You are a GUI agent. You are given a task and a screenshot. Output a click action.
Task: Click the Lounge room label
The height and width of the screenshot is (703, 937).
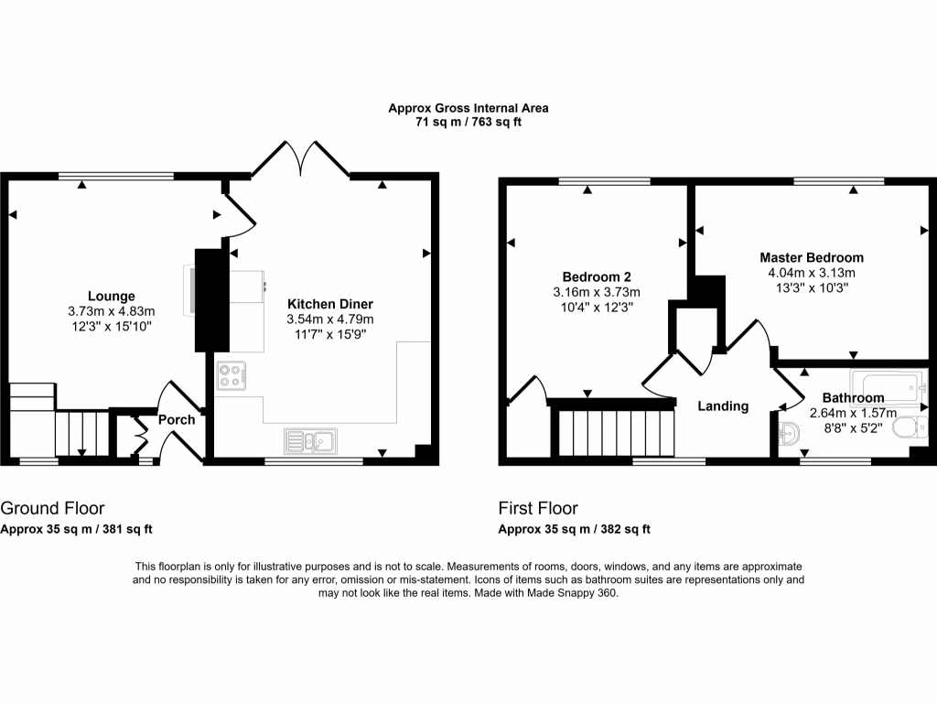tap(112, 296)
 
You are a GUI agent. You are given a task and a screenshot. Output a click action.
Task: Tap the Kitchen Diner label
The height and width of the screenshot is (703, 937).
tap(330, 304)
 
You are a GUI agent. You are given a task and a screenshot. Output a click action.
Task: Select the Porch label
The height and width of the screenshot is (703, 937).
tap(177, 420)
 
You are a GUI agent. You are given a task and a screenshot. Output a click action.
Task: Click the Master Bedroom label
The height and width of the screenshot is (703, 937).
tap(811, 258)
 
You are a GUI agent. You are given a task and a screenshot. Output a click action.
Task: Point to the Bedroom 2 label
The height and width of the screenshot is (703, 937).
tap(596, 277)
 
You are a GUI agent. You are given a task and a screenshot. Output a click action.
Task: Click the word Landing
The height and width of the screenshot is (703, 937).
tap(723, 406)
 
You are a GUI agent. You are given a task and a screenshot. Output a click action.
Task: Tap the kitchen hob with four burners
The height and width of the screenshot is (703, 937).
tap(232, 377)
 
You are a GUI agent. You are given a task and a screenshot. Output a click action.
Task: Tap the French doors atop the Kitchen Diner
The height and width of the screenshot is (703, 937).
tap(301, 157)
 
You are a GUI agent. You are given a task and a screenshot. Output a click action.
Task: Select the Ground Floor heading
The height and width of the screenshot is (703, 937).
tap(52, 508)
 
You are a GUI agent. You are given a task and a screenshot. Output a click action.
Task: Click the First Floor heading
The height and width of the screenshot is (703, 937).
tap(538, 508)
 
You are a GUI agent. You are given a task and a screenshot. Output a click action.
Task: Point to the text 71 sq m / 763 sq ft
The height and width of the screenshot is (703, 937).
tap(468, 122)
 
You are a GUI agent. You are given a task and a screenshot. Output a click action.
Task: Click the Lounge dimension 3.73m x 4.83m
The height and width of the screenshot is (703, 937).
tap(112, 310)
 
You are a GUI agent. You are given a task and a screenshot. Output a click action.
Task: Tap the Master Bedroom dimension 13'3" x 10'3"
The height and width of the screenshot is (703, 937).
tap(811, 287)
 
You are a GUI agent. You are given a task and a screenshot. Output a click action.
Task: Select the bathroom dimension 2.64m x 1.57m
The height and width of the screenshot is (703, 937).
tap(852, 413)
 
